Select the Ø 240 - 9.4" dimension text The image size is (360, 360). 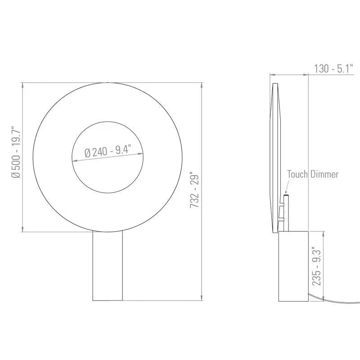108,150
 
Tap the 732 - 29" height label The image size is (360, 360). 194,189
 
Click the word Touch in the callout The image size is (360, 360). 297,174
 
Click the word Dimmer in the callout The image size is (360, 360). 324,174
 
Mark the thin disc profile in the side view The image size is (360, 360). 276,153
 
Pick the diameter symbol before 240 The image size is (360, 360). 87,153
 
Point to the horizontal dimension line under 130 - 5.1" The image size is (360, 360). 290,75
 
